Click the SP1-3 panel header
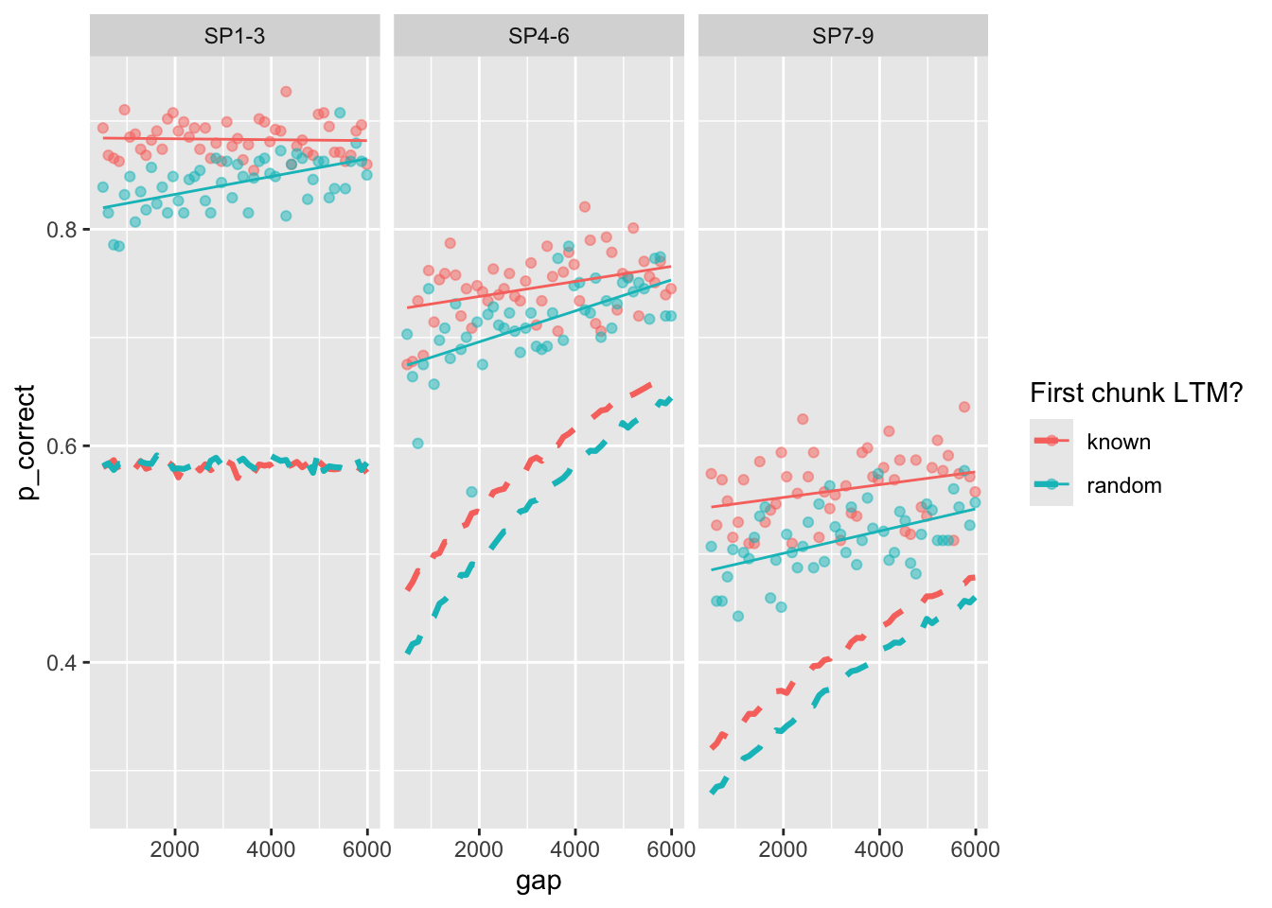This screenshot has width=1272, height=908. [x=235, y=36]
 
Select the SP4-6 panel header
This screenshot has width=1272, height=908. [x=539, y=36]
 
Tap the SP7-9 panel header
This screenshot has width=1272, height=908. [x=842, y=36]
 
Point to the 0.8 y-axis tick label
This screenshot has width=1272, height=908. [x=62, y=230]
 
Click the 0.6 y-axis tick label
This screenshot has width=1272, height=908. [x=62, y=445]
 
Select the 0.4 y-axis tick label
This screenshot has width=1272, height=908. [x=62, y=662]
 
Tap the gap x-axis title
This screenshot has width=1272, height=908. [x=539, y=882]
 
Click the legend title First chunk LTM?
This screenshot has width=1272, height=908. [x=1136, y=393]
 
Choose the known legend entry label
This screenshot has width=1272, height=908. [x=1119, y=442]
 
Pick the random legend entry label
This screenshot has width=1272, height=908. [x=1123, y=485]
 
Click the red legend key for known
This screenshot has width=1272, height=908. [x=1051, y=441]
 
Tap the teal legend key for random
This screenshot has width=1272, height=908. [x=1051, y=484]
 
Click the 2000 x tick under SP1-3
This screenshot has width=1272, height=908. [x=175, y=848]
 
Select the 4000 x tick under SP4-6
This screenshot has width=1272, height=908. [x=575, y=848]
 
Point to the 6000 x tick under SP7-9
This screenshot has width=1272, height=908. [x=975, y=848]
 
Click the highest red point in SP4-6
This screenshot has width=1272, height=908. [x=585, y=206]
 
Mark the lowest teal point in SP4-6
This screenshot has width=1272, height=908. [x=417, y=443]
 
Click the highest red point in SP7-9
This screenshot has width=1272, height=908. [x=963, y=407]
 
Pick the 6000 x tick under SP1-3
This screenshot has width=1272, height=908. [x=366, y=848]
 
